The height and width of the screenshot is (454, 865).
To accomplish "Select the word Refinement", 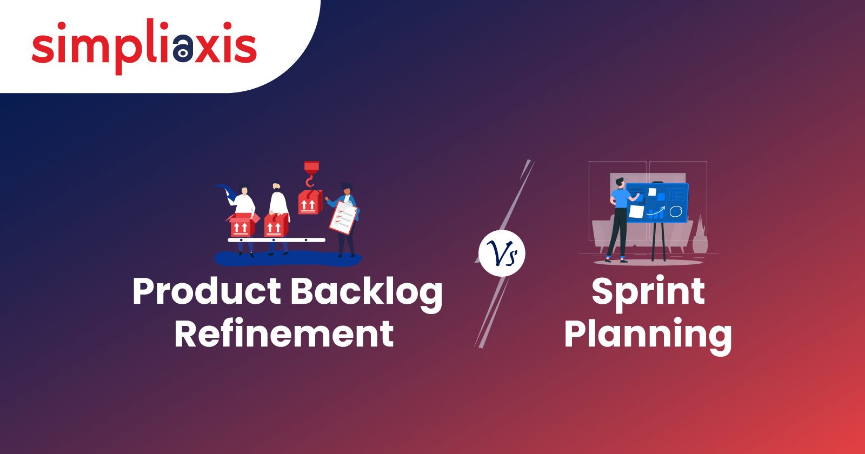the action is click(x=284, y=333).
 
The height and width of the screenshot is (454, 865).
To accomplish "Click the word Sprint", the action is click(x=648, y=294).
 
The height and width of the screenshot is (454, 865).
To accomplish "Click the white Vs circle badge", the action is click(x=502, y=253).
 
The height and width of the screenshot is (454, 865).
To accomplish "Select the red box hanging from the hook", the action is click(x=310, y=202).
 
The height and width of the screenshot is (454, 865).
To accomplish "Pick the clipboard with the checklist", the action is click(x=343, y=218).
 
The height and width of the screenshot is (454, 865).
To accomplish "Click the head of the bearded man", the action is click(x=276, y=188).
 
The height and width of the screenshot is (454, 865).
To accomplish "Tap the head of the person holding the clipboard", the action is click(x=347, y=189).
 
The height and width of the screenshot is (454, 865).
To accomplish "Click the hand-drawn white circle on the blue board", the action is click(x=675, y=211).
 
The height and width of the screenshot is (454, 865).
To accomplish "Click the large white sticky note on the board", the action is click(x=636, y=211).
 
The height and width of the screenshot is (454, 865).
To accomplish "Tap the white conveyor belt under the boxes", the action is click(x=276, y=240).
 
